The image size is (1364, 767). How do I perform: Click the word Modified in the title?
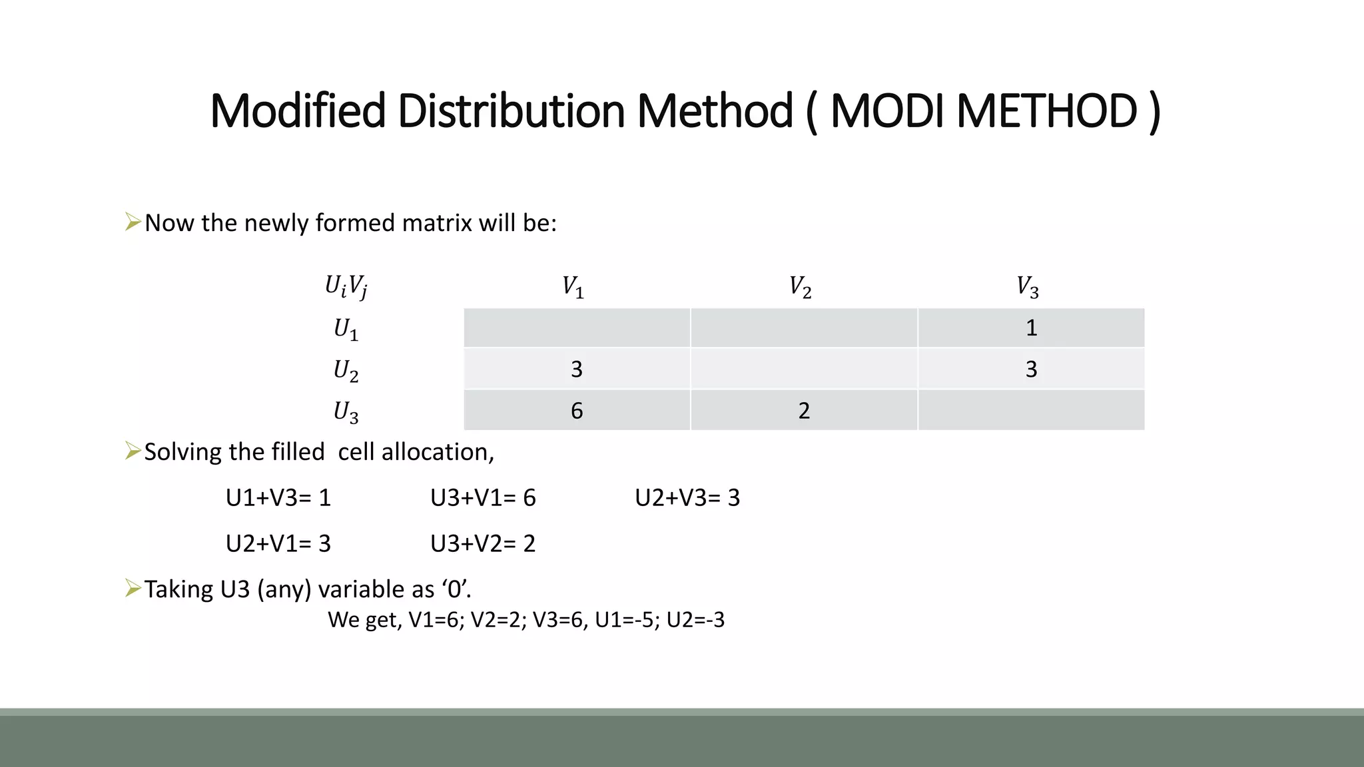298,111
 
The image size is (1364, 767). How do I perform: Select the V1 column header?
573,287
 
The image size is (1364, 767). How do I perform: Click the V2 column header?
800,287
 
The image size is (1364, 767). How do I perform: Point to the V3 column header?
1027,287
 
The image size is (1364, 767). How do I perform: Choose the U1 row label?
346,329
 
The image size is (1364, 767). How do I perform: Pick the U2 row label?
346,370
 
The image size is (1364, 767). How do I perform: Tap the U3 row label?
346,411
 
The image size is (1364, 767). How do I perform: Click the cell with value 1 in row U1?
1031,328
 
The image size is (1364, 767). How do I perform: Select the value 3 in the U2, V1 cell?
577,370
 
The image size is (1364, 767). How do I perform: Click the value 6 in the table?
577,411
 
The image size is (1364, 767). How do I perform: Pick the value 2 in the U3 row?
804,411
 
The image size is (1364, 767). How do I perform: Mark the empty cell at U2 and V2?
804,369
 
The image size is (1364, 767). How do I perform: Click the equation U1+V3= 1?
278,498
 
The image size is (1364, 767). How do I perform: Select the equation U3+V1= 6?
483,498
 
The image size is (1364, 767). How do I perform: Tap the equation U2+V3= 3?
687,498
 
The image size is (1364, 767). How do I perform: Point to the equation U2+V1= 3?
278,544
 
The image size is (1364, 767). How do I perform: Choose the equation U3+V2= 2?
483,544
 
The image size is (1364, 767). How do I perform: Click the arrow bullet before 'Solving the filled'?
133,451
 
